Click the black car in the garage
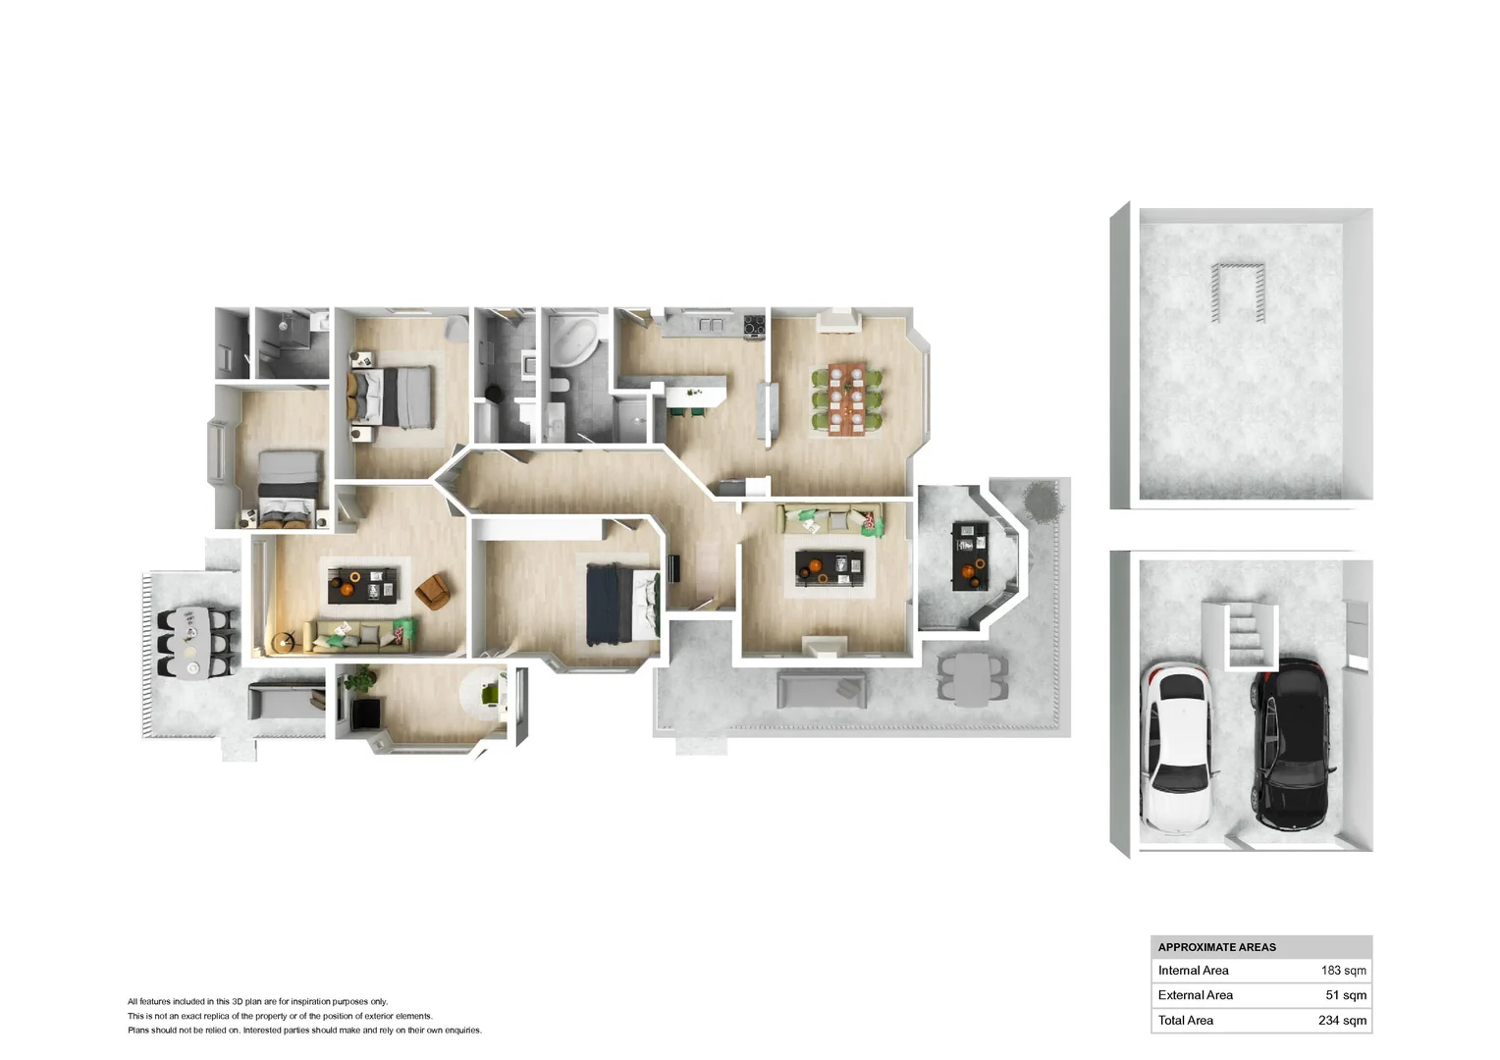1291,744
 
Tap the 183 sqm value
1343,971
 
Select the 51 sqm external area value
1346,995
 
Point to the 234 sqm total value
1342,1021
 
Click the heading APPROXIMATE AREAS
1216,947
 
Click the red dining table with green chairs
847,399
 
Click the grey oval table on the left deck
192,643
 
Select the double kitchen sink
711,325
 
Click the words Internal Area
1194,971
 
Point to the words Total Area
1185,1021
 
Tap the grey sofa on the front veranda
821,691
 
